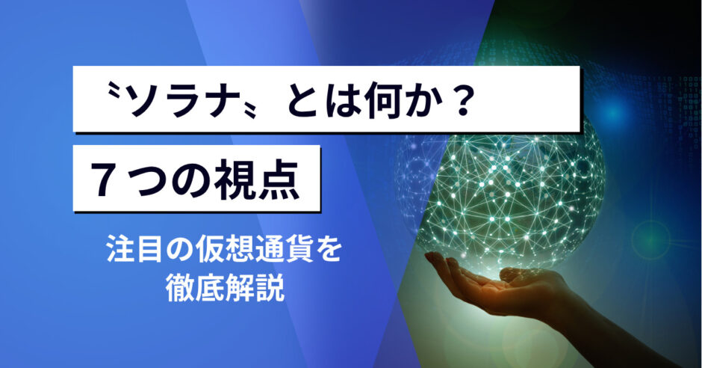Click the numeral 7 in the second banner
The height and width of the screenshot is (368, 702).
pyautogui.click(x=108, y=180)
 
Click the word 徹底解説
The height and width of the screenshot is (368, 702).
pyautogui.click(x=225, y=289)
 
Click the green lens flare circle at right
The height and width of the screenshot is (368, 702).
pyautogui.click(x=650, y=240)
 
